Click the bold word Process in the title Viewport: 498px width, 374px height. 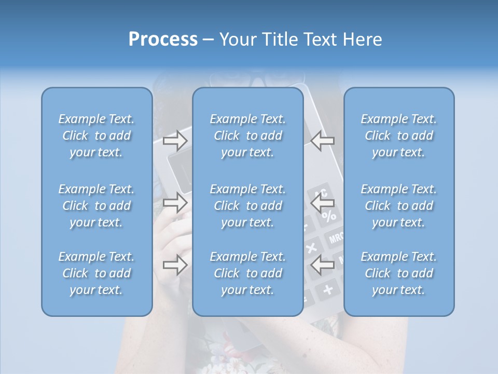pos(162,39)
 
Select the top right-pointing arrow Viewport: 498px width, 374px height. pos(175,140)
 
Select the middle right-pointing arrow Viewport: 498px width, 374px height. pos(175,203)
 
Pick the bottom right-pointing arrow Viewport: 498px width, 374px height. pos(175,265)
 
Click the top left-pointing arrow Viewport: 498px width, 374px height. pos(323,140)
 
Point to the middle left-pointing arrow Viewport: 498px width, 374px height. pos(323,203)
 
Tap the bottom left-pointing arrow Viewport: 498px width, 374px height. pos(323,265)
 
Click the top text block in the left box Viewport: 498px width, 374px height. pos(96,136)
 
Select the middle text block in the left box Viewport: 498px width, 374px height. pos(96,206)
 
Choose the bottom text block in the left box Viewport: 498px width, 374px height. pos(96,273)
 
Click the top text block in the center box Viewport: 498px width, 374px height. pos(248,136)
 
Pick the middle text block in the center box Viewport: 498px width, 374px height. pos(248,206)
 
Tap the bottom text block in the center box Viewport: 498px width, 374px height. pos(248,273)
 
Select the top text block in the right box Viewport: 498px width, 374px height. pos(399,136)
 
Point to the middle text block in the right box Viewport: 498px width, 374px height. pos(399,206)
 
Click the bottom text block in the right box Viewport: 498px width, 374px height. pos(399,273)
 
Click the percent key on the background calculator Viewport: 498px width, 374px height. pos(329,215)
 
